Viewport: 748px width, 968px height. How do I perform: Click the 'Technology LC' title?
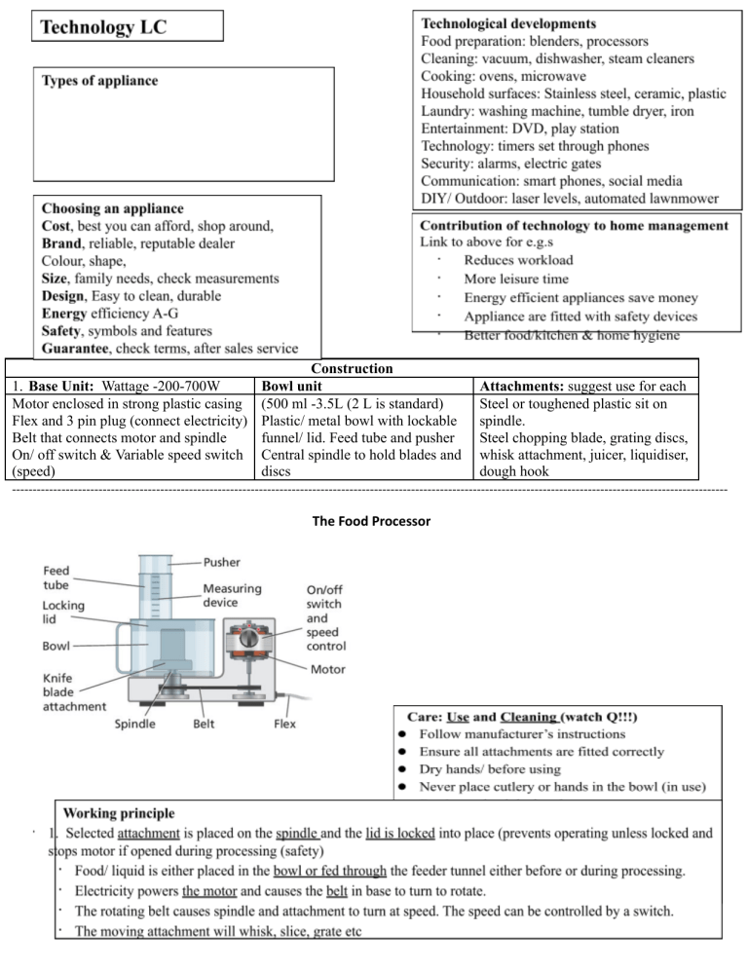pos(103,27)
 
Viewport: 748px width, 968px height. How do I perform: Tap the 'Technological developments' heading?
pos(509,22)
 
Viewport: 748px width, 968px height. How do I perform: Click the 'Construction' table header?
pos(352,369)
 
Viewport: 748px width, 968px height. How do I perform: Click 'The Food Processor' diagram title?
pos(372,521)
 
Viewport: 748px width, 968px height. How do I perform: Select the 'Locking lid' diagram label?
pos(63,613)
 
